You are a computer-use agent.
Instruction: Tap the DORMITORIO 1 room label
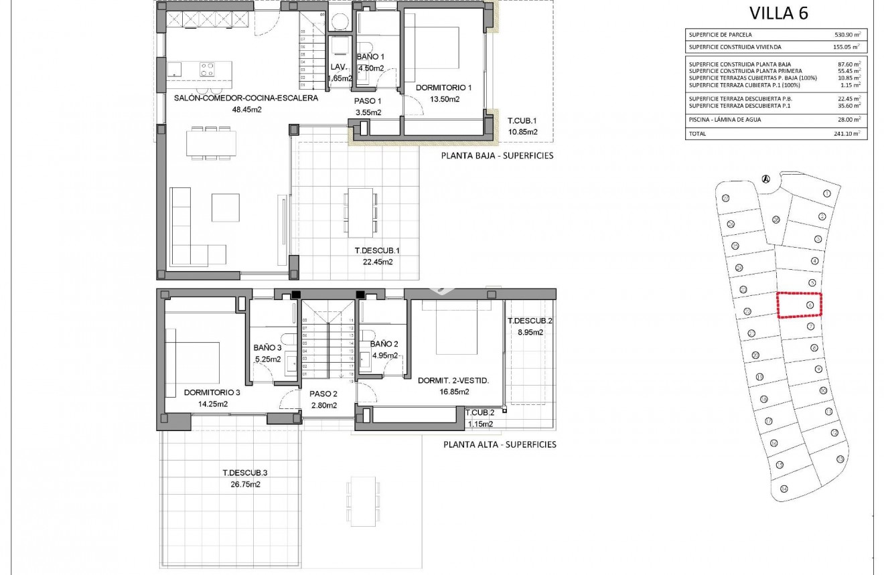(443, 88)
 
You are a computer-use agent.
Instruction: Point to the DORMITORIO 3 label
(212, 392)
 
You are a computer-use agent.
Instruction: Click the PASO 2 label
(323, 394)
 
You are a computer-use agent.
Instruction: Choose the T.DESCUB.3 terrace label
(245, 473)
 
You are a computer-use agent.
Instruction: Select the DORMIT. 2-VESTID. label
(453, 380)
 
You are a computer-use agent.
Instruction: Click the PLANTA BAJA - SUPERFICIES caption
(498, 155)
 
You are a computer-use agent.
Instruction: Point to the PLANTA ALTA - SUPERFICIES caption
(499, 444)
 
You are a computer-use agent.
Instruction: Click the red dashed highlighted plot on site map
(800, 305)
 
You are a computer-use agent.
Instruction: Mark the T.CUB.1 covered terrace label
(522, 121)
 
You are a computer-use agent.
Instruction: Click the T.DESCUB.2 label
(530, 321)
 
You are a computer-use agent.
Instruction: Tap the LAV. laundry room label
(338, 67)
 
